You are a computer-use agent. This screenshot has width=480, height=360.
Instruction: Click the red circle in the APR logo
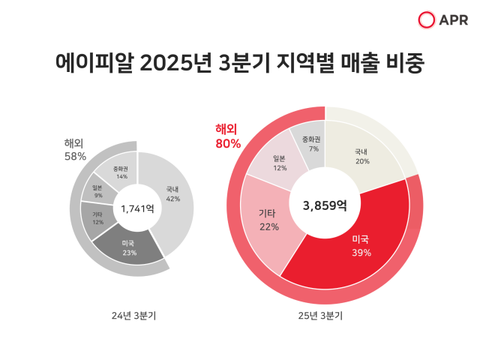tap(427, 20)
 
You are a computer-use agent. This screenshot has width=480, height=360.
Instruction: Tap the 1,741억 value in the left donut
tap(137, 209)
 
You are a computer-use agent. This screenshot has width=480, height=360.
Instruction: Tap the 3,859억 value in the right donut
tap(325, 204)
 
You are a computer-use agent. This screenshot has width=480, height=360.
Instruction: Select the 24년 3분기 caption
tap(136, 316)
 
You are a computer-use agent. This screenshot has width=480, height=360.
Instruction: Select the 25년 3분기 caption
tap(320, 316)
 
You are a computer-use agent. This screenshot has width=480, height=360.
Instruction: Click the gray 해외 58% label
tap(75, 150)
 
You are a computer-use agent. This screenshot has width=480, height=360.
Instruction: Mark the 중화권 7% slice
tap(310, 144)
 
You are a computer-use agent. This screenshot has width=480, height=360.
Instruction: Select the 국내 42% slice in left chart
tap(172, 193)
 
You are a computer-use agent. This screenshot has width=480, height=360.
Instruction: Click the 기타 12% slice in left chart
tap(97, 218)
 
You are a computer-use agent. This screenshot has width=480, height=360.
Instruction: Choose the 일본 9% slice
tap(97, 191)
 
